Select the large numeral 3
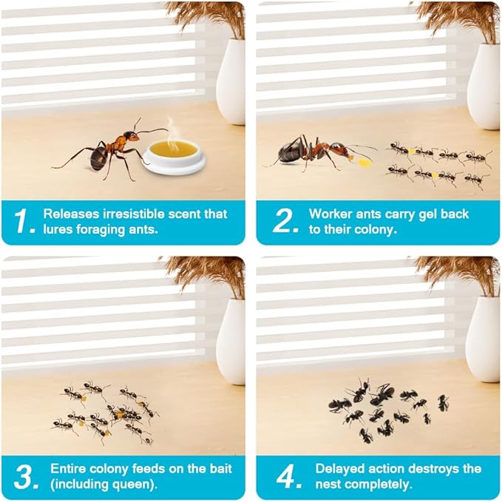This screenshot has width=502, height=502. point(24,478)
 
